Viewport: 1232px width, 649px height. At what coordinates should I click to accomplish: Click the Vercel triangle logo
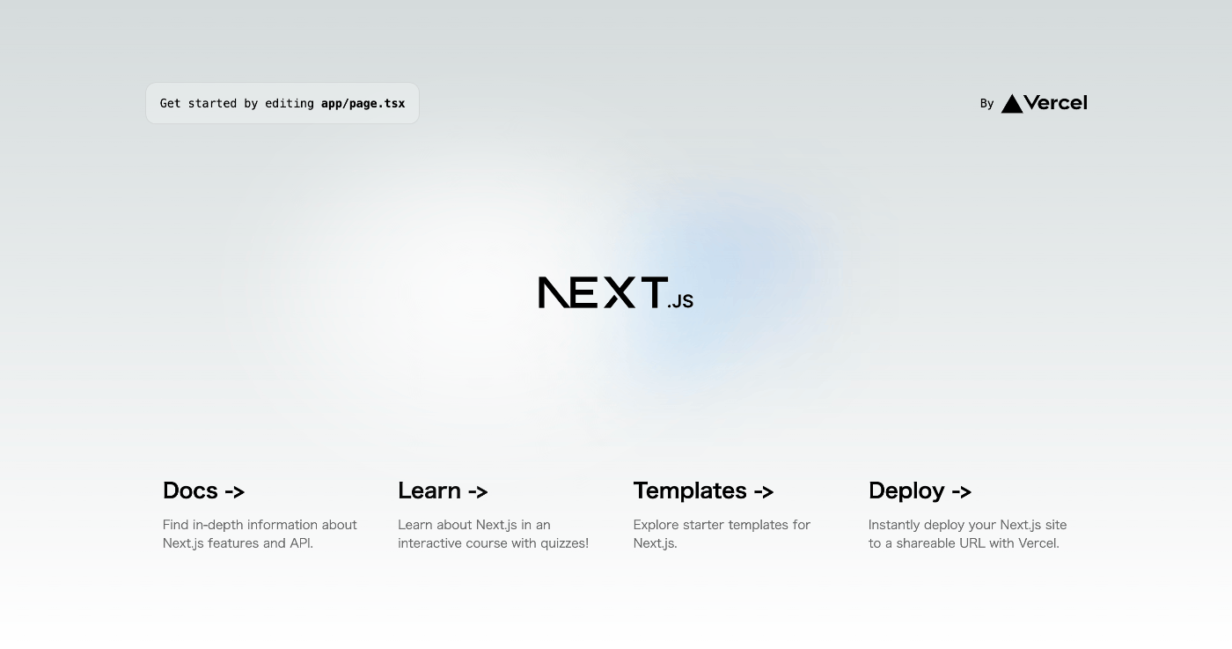pos(1012,104)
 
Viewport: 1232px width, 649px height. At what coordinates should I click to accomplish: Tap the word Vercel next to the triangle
pos(1056,103)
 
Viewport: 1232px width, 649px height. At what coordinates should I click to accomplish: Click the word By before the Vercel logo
pos(986,104)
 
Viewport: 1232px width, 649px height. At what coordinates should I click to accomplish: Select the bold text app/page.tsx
pos(363,104)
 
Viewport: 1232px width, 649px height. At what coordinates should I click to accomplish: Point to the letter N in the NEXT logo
pos(554,292)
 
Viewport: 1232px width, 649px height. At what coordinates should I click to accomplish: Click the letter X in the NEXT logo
pos(620,292)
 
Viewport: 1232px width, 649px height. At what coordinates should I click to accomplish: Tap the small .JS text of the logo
pos(680,301)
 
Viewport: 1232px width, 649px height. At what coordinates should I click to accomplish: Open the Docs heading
pos(190,490)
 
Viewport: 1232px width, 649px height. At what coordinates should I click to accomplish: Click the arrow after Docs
pos(235,491)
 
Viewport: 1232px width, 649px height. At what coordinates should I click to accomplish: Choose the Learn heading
pos(429,490)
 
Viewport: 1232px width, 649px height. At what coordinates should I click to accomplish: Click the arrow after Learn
pos(478,491)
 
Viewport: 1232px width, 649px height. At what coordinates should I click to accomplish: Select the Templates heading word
pos(690,491)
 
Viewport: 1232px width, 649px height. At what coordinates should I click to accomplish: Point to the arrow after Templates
pos(764,491)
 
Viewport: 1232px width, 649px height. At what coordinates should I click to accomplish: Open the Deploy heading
pos(906,491)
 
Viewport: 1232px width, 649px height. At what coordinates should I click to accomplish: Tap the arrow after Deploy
pos(961,491)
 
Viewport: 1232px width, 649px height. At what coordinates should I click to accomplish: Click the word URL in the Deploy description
pos(972,543)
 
